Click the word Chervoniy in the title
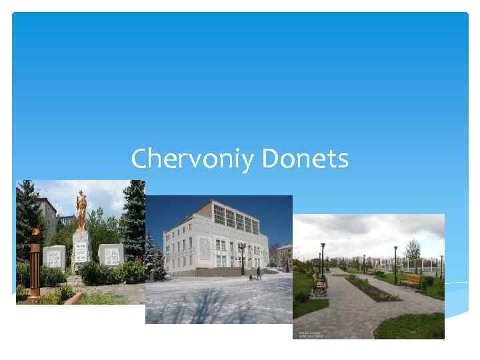pos(194,159)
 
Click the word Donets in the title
pos(305,159)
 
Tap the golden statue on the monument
pos(81,209)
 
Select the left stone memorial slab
pos(55,256)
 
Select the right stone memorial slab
pos(110,254)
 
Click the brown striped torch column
pos(35,267)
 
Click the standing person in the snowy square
pos(259,273)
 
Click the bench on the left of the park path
pos(319,286)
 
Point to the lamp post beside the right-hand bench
pos(395,263)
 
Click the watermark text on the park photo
pos(309,333)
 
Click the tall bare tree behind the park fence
pos(414,249)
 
